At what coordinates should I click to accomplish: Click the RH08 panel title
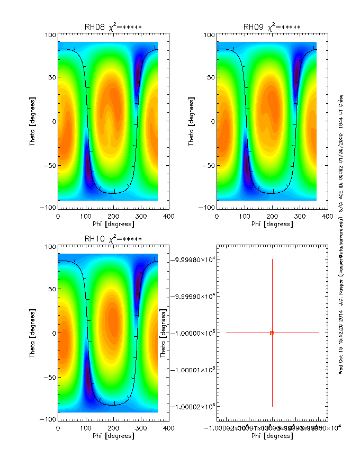[x=113, y=27]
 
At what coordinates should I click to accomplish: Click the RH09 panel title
[x=272, y=27]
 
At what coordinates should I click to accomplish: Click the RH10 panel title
[x=113, y=239]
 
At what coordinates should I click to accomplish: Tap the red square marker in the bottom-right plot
[x=272, y=333]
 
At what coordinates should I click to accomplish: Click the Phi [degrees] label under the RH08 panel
[x=113, y=224]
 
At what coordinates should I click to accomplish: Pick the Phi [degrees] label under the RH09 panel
[x=272, y=224]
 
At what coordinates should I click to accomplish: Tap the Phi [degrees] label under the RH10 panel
[x=113, y=436]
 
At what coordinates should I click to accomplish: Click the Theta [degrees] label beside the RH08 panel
[x=33, y=121]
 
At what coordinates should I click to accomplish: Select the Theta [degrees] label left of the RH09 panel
[x=192, y=121]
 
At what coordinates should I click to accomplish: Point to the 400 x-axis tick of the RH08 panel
[x=168, y=216]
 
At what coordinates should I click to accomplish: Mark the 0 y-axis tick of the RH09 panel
[x=211, y=121]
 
